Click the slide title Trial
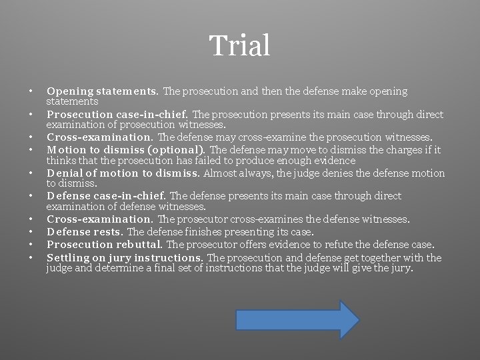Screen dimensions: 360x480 pyautogui.click(x=240, y=46)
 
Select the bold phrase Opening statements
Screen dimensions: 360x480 pyautogui.click(x=102, y=91)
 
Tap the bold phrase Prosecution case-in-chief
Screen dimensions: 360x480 pyautogui.click(x=117, y=114)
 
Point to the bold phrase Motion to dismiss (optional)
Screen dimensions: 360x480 pyautogui.click(x=126, y=149)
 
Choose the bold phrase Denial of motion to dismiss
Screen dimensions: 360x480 pyautogui.click(x=123, y=173)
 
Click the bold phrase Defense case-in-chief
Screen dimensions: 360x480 pyautogui.click(x=107, y=196)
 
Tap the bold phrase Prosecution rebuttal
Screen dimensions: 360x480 pyautogui.click(x=104, y=244)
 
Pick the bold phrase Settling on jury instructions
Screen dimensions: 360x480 pyautogui.click(x=125, y=257)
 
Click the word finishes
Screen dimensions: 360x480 pyautogui.click(x=187, y=231)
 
